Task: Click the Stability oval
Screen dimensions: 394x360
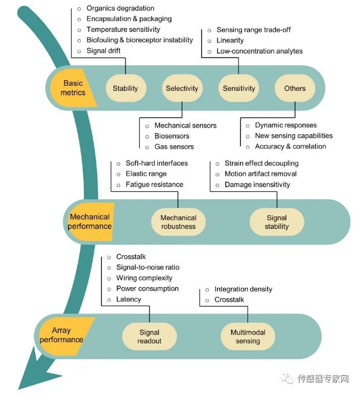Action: click(126, 88)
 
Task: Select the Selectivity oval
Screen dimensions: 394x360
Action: click(182, 88)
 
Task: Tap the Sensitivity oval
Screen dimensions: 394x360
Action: click(239, 88)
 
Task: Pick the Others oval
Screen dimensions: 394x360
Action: click(295, 88)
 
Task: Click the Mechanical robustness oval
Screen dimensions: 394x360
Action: click(178, 222)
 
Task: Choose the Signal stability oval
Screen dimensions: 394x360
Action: click(277, 222)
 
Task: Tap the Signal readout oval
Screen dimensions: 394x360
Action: click(149, 336)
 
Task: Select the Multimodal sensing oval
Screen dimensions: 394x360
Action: click(248, 336)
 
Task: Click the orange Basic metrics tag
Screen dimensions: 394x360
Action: click(73, 88)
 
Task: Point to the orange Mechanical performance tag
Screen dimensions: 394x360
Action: click(90, 221)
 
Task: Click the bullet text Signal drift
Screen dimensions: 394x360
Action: click(103, 51)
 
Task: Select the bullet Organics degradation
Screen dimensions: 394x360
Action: click(120, 8)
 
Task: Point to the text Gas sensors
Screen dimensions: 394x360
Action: click(174, 147)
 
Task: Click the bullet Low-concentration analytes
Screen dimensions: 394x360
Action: click(259, 51)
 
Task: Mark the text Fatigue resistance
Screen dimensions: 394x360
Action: click(154, 185)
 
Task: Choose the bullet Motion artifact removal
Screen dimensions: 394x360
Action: click(260, 174)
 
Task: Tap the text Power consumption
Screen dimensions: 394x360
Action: click(147, 289)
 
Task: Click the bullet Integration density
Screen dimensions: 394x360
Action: click(243, 289)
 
